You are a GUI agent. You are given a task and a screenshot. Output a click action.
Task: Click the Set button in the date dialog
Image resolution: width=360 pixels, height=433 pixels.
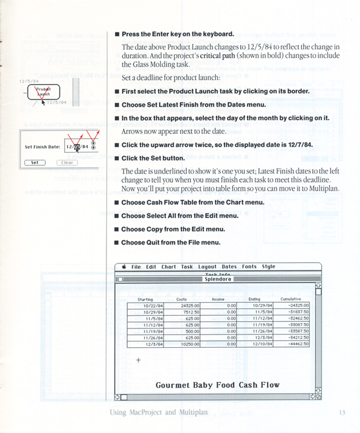34,162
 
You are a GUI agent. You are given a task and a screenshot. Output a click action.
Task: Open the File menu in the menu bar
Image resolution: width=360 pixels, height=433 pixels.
136,267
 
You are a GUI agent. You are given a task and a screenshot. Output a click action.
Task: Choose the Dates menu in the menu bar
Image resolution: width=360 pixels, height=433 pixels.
229,267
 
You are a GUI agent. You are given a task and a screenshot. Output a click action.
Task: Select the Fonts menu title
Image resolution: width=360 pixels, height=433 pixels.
250,267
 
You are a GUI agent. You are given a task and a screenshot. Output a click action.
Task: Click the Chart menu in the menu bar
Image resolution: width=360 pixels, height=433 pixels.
169,267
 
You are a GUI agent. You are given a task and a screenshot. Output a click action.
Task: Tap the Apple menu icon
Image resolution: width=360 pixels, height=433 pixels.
124,267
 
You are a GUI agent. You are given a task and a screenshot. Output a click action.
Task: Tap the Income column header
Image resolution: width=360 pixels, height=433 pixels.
218,298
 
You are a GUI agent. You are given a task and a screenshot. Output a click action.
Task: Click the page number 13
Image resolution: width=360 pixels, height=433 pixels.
341,412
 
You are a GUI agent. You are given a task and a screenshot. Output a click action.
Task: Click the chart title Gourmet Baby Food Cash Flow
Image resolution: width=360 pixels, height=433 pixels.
217,384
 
